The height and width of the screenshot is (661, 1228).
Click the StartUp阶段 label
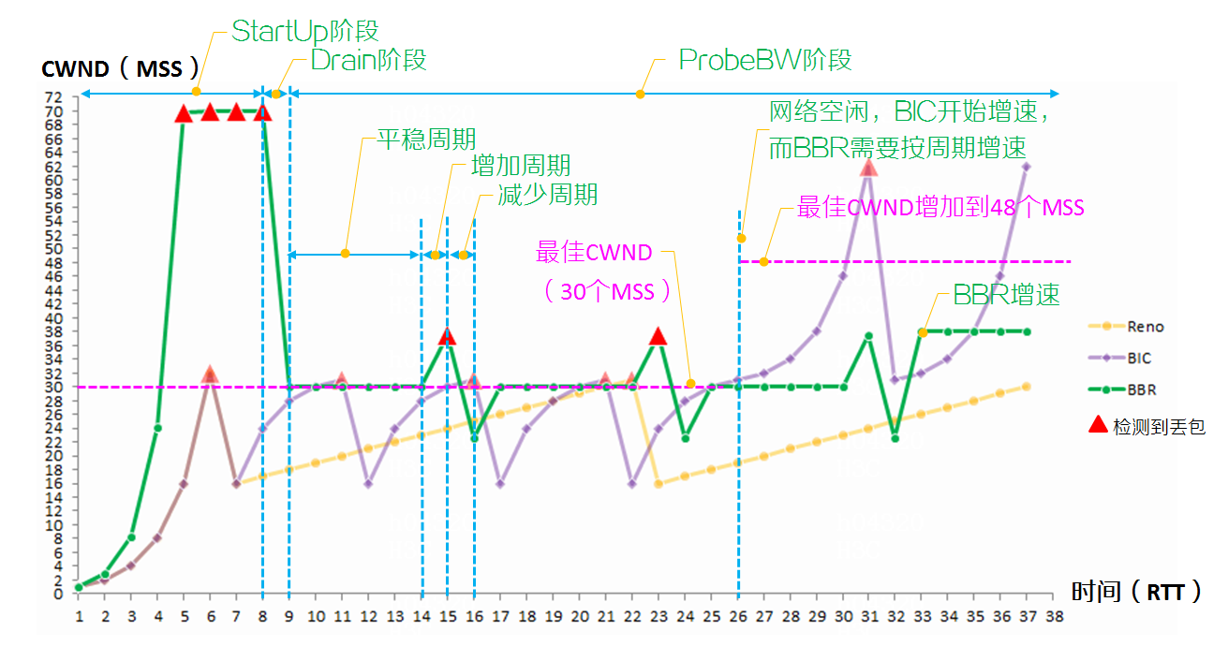(304, 31)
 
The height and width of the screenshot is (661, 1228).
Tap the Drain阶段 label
(368, 60)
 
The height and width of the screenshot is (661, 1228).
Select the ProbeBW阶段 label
(765, 60)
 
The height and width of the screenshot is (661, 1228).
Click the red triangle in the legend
(1098, 425)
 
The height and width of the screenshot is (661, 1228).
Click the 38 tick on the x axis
(1055, 617)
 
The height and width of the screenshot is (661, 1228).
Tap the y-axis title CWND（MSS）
(121, 69)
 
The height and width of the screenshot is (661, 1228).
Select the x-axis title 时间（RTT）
(1135, 592)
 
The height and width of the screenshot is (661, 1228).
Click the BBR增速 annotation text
(1006, 295)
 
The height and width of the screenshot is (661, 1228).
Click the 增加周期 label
(521, 167)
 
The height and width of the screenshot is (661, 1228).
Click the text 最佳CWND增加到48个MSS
(940, 207)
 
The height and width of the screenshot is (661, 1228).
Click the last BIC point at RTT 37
(1028, 167)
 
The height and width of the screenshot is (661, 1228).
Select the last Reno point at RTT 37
(1028, 387)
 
